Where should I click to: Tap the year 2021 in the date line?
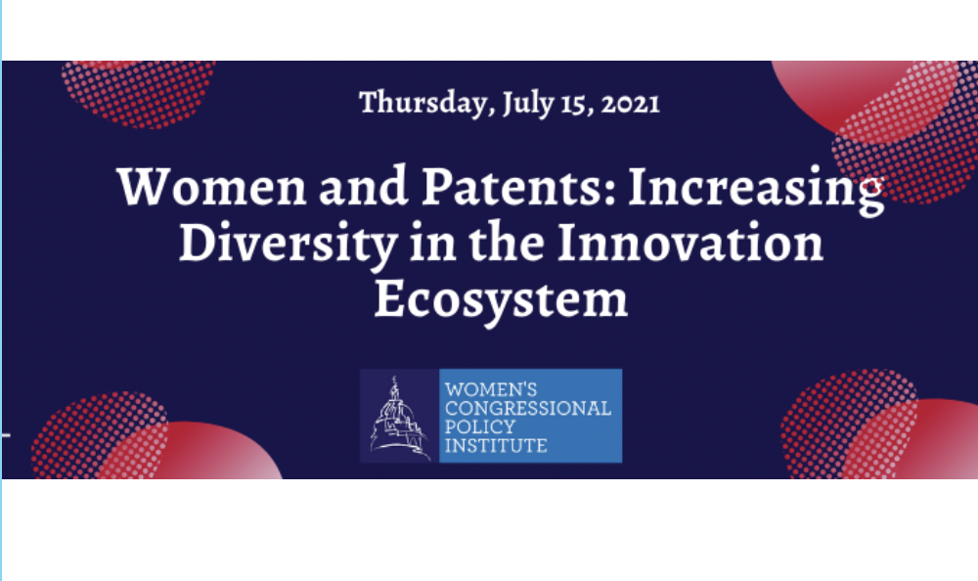(x=631, y=104)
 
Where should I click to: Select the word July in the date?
(x=529, y=103)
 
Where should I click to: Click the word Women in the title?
(x=212, y=187)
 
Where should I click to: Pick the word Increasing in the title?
(x=757, y=190)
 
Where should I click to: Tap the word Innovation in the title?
(x=689, y=243)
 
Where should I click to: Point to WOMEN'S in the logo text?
(x=491, y=390)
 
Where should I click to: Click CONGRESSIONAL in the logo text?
(x=528, y=409)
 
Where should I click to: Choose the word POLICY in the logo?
(x=480, y=427)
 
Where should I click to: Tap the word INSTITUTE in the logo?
(x=496, y=446)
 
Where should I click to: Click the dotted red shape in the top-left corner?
(x=139, y=92)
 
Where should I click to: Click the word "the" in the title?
(x=507, y=243)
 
